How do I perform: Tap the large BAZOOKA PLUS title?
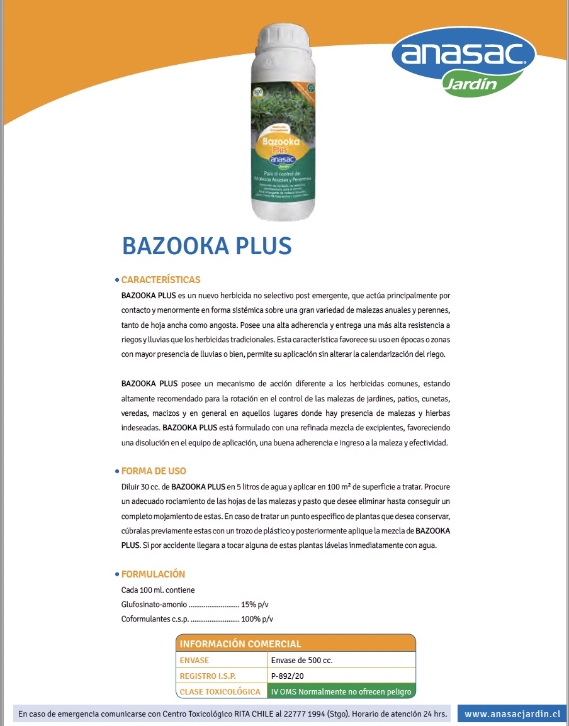(207, 245)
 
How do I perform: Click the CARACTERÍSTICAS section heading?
(161, 279)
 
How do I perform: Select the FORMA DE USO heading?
(154, 471)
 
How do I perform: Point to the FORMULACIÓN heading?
(153, 574)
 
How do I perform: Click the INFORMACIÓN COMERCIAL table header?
(240, 644)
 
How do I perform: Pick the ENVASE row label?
(194, 661)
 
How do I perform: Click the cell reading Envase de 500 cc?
(301, 661)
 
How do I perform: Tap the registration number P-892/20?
(288, 676)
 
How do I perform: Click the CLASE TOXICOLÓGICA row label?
(220, 691)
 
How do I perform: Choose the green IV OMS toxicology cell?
(341, 691)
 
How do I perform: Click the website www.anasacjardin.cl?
(512, 714)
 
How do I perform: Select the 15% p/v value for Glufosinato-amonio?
(259, 605)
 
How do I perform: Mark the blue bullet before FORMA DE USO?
(117, 471)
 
